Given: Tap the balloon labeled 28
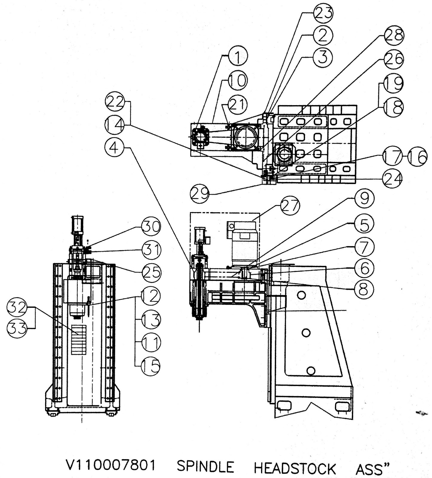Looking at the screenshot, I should (x=394, y=36).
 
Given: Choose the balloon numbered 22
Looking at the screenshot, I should (x=115, y=102).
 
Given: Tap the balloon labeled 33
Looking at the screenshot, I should (x=16, y=329).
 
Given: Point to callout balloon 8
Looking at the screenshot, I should (x=364, y=289).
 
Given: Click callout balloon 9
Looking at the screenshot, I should (x=364, y=198).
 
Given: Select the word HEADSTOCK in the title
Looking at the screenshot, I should (x=295, y=468).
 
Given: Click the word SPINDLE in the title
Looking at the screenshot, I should (x=205, y=466).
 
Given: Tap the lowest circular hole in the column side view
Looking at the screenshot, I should (x=311, y=371).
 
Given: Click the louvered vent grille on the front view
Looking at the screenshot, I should (x=79, y=340).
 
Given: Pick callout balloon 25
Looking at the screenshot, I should (x=151, y=272).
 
